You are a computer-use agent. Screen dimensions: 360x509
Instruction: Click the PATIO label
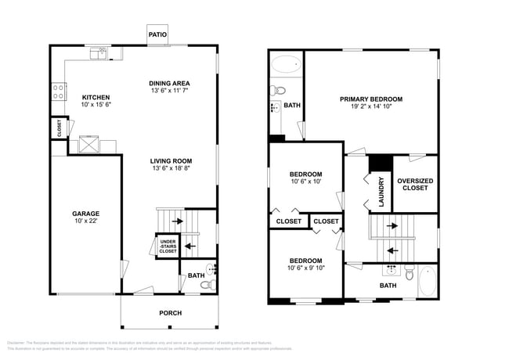[158, 34]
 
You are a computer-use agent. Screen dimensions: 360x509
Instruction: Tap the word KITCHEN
[96, 97]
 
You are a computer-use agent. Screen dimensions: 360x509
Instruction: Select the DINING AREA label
[170, 83]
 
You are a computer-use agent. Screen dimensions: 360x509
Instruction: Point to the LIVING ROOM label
[171, 160]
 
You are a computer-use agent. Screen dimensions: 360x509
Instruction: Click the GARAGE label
[86, 213]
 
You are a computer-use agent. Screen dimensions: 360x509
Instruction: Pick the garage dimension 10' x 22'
[86, 221]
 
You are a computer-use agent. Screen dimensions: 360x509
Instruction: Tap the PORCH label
[170, 313]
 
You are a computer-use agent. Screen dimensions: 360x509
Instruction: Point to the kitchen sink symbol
[99, 53]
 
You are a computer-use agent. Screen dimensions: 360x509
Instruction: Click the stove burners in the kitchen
[58, 93]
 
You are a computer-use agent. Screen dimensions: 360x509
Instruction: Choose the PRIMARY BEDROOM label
[370, 99]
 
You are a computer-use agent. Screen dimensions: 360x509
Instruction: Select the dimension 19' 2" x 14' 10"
[370, 107]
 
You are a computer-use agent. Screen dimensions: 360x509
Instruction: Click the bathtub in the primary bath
[286, 65]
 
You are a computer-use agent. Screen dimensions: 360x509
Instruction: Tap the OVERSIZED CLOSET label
[416, 185]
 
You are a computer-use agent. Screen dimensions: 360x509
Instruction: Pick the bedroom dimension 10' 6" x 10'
[305, 182]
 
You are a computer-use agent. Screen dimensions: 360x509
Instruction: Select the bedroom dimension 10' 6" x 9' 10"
[305, 268]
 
